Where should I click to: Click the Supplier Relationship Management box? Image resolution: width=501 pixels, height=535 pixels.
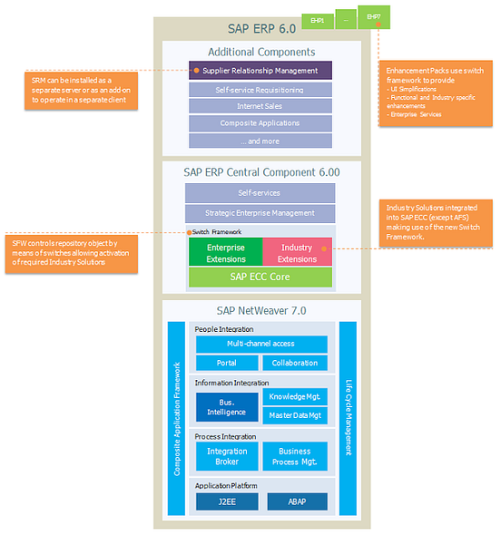[260, 70]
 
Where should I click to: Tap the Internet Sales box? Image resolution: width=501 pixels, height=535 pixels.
[260, 106]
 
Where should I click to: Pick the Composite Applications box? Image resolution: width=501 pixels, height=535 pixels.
[260, 123]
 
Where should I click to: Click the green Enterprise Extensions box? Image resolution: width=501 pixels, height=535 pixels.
[225, 253]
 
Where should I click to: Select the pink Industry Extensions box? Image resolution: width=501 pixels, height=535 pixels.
[298, 253]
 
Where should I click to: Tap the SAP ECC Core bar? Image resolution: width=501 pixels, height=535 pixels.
[260, 277]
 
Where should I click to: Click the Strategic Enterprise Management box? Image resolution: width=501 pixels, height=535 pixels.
[260, 213]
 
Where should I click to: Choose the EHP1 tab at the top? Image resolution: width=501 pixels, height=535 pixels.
[318, 18]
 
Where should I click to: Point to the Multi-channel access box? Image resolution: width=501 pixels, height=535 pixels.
[260, 345]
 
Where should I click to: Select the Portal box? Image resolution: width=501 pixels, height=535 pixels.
[226, 363]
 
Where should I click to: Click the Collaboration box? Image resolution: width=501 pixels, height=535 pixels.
[295, 363]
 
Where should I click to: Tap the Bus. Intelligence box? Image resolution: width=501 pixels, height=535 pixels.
[226, 406]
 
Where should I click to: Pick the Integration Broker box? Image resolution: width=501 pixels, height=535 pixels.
[226, 457]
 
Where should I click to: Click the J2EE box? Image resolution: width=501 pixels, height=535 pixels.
[226, 501]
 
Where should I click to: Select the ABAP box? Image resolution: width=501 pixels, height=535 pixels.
[295, 501]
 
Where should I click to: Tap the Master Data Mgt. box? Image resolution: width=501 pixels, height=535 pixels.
[295, 416]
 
